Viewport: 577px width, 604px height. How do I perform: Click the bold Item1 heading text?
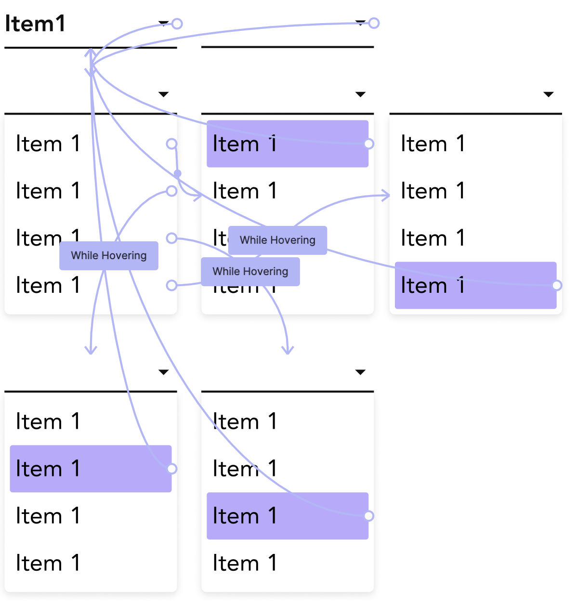[35, 24]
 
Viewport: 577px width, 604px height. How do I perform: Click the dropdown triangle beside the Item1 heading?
[163, 23]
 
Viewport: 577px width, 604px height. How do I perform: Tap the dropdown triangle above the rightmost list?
[548, 94]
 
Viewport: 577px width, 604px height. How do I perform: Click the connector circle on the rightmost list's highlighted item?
[557, 285]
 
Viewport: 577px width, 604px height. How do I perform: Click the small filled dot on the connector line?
[178, 173]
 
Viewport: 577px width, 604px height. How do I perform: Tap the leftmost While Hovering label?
[109, 256]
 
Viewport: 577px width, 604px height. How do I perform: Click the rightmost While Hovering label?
[277, 240]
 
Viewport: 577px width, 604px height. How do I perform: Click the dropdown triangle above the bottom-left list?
[163, 372]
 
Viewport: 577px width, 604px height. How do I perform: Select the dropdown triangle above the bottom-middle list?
[360, 372]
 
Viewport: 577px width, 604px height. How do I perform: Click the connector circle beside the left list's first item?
[171, 144]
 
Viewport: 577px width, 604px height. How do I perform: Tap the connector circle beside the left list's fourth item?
[171, 286]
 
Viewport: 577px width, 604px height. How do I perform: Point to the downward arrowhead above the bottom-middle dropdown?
[288, 350]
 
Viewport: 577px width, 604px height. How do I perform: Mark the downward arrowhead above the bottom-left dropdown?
[91, 350]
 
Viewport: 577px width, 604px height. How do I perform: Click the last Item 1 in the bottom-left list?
[48, 563]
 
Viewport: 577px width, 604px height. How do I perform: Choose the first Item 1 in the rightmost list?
[433, 144]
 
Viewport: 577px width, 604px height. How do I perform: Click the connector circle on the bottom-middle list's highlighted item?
[369, 516]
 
